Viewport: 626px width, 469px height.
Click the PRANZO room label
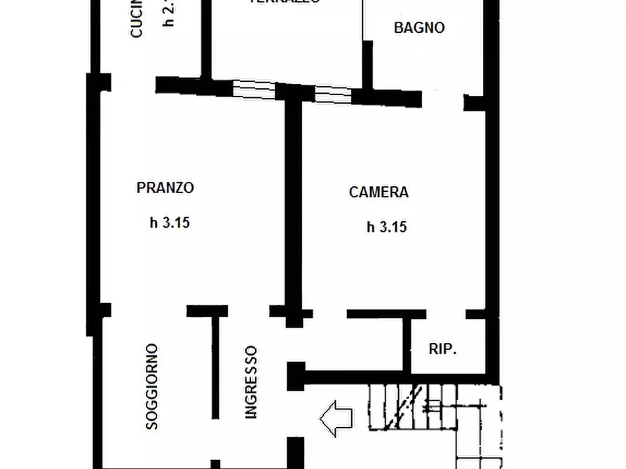(165, 188)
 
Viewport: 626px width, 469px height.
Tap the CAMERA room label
(379, 192)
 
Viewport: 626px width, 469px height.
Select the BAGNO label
(419, 28)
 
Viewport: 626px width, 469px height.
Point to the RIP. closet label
(442, 349)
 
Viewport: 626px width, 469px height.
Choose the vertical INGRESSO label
(251, 382)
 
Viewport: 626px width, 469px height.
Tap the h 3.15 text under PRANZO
(170, 223)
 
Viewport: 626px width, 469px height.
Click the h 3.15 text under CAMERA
(387, 227)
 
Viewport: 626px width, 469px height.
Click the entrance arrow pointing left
(336, 419)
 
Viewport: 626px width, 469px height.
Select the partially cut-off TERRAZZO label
(285, 2)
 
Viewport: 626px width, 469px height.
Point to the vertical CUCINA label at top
(137, 19)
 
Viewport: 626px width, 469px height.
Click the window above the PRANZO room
(254, 89)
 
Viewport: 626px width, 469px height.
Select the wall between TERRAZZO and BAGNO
(366, 63)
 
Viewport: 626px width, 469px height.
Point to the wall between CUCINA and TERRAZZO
(207, 38)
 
